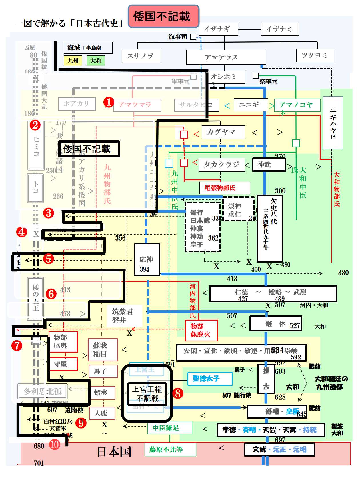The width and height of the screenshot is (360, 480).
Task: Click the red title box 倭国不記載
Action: [x=163, y=16]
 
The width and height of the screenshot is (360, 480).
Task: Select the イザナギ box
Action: [x=217, y=29]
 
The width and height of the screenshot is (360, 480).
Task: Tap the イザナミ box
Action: [x=280, y=29]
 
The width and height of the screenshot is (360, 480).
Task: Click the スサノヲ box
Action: [x=141, y=56]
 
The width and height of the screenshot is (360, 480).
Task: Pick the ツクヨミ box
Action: [x=315, y=55]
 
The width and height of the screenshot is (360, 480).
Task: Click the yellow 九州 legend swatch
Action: [x=73, y=61]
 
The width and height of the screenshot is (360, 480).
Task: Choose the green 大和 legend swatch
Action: [x=96, y=61]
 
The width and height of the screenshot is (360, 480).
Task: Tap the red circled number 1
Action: [x=109, y=102]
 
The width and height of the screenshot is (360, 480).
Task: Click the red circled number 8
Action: [x=178, y=393]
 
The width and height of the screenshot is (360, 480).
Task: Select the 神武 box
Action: [x=269, y=165]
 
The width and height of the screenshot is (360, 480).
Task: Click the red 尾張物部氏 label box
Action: [x=225, y=188]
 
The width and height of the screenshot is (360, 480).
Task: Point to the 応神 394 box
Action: [x=147, y=260]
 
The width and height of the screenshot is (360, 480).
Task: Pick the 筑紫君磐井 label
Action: [x=123, y=316]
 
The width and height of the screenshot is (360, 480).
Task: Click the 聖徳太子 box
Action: [x=209, y=379]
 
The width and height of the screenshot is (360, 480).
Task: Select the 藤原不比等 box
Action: [x=170, y=449]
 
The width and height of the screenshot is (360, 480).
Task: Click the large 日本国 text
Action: [x=114, y=452]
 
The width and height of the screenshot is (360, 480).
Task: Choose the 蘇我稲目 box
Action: [x=103, y=350]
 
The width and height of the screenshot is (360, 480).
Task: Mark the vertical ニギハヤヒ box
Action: [x=333, y=123]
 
